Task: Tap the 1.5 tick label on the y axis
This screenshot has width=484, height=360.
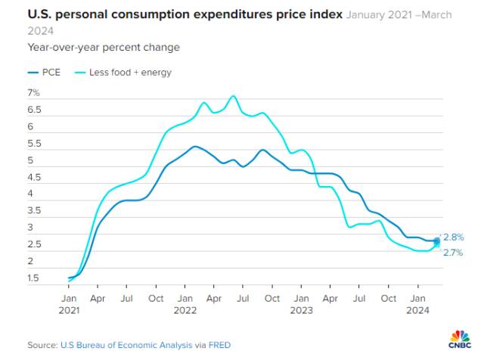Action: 33,278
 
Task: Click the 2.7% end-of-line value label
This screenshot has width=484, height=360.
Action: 453,253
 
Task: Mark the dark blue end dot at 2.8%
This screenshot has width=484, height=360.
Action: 436,241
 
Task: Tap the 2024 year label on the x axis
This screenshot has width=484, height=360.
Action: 417,310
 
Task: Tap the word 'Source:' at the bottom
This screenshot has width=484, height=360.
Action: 42,345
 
